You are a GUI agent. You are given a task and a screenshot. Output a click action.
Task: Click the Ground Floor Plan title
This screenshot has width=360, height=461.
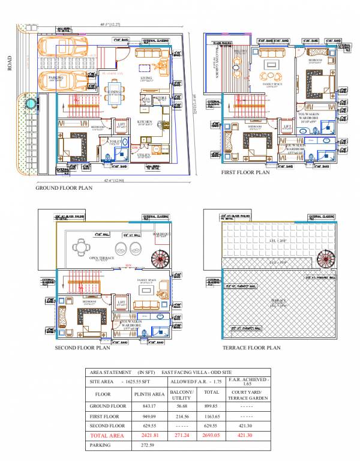tap(64, 188)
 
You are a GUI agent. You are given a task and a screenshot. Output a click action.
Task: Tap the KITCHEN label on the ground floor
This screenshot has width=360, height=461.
tap(145, 121)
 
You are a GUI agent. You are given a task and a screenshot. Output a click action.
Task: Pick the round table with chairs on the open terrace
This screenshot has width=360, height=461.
tap(82, 246)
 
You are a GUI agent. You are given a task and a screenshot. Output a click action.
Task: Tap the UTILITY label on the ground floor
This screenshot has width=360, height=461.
tap(144, 155)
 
